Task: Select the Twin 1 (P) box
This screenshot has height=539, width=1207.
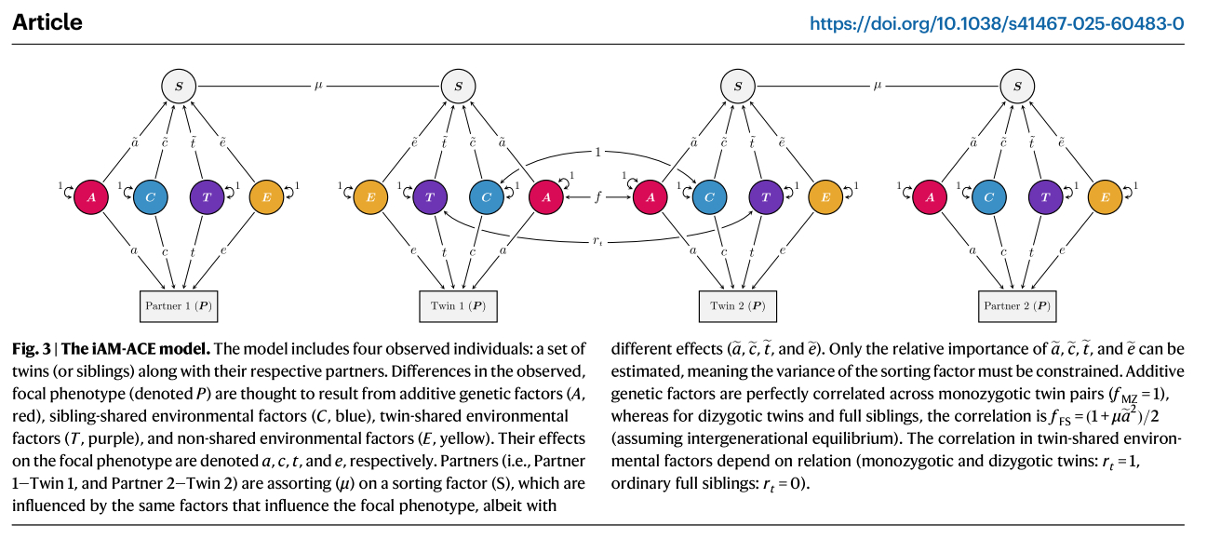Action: (x=458, y=305)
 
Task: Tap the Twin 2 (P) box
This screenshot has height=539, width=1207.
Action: (x=738, y=305)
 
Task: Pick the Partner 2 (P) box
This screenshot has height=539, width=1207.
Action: (x=1017, y=305)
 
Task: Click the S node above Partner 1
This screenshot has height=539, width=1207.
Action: (x=179, y=88)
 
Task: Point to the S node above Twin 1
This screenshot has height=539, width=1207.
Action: (x=458, y=88)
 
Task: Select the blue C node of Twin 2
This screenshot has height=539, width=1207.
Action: (x=709, y=196)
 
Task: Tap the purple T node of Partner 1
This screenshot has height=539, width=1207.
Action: (x=207, y=196)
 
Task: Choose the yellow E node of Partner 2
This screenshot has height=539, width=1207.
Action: (x=1103, y=196)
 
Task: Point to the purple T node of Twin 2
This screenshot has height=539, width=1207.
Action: (x=766, y=196)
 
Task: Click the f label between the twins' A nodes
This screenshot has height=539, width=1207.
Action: (x=597, y=197)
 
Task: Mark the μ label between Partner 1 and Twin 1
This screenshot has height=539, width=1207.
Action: (x=318, y=87)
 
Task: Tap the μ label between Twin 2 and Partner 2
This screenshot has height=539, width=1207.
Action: (x=877, y=87)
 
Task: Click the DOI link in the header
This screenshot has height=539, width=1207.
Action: (x=997, y=22)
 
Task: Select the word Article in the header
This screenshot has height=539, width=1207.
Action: (x=47, y=21)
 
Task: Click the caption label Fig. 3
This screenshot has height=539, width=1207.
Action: (x=33, y=349)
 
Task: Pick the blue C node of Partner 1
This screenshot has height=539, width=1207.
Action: (x=150, y=196)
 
